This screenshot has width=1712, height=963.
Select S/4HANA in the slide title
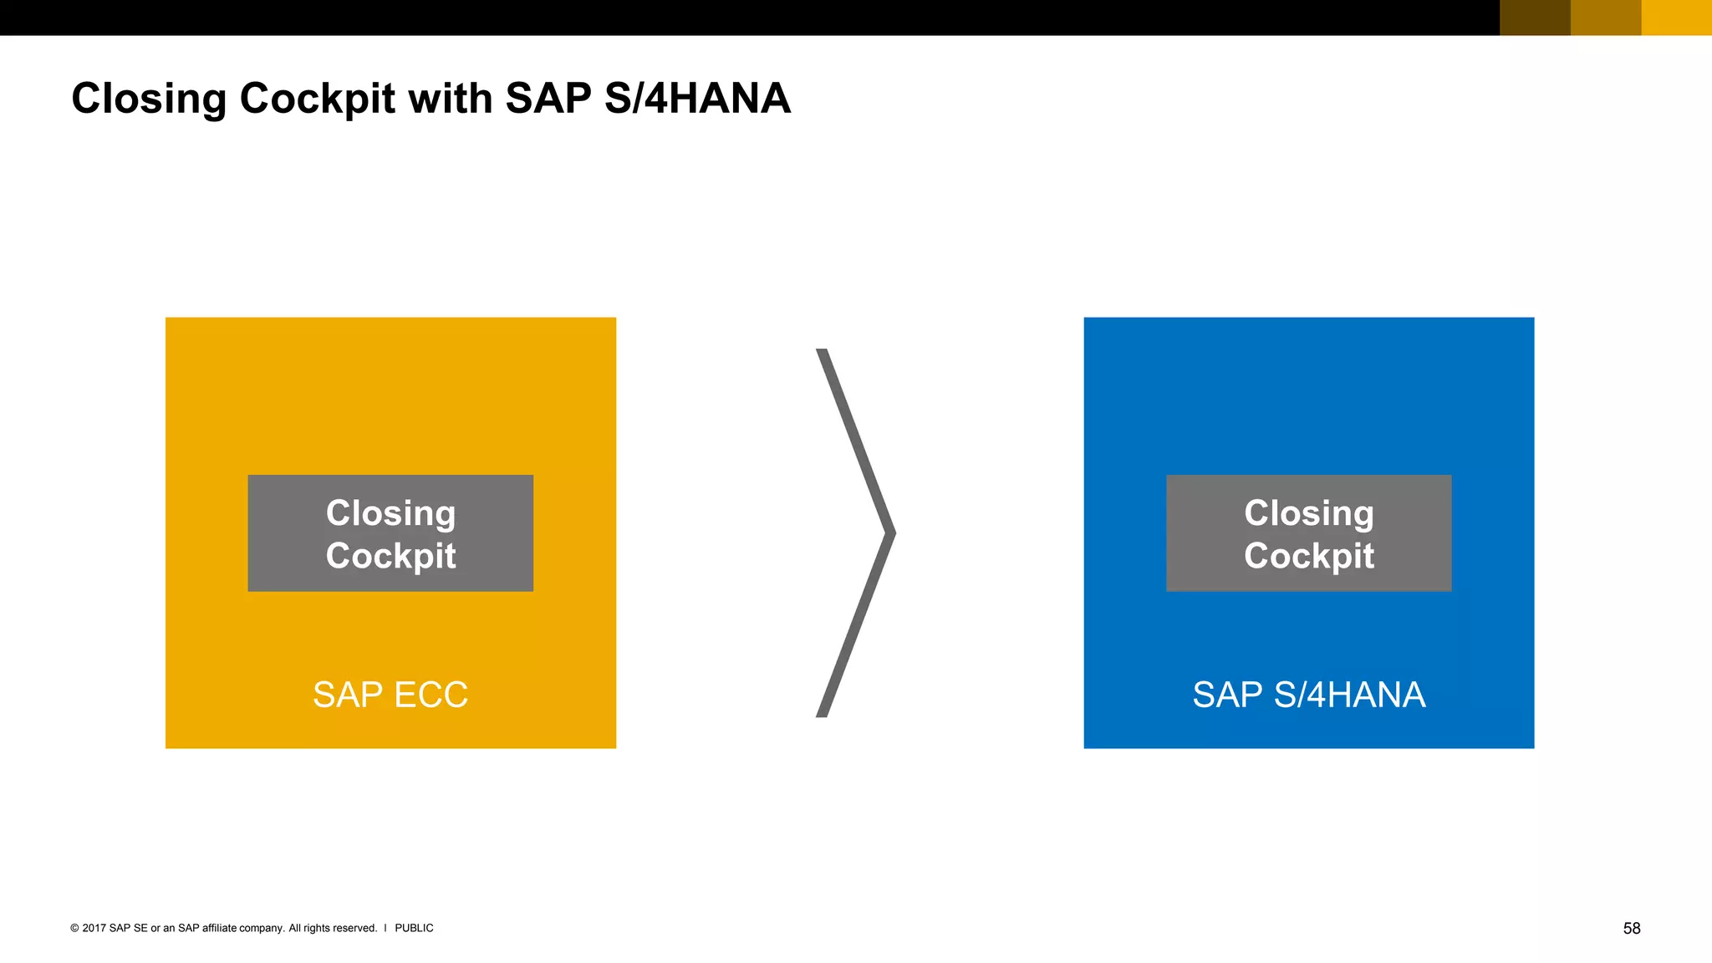696,99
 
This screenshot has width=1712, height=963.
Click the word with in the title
450,99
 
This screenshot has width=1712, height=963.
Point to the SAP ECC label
390,695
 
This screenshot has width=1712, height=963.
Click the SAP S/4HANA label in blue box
1308,695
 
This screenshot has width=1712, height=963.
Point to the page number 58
1632,928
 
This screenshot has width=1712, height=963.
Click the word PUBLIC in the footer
414,928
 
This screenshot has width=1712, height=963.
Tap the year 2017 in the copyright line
94,928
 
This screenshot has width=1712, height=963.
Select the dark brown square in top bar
1535,18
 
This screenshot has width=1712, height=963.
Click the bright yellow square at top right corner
1677,18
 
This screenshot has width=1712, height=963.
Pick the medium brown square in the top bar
1606,18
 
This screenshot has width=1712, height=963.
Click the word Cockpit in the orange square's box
390,556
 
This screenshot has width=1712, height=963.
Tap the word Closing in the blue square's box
1308,512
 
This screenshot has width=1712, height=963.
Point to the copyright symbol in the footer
74,928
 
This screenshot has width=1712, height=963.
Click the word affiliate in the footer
219,928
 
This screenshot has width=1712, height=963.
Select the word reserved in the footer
355,928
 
